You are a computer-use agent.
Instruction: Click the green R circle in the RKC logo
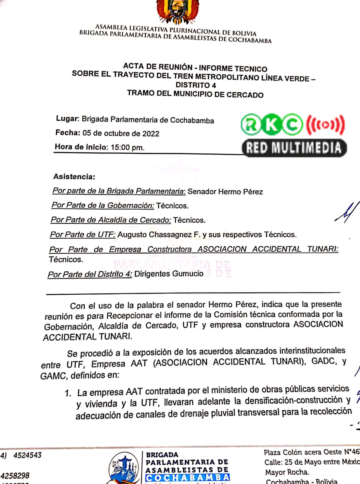pos(250,124)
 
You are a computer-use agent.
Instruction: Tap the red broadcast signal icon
pos(325,124)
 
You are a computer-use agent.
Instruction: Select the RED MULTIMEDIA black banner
pos(294,148)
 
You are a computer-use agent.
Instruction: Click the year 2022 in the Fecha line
pos(150,134)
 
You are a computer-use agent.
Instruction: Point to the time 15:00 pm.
pos(127,148)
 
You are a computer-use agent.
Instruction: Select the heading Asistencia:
pos(74,177)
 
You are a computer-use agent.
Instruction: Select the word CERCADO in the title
pos(245,95)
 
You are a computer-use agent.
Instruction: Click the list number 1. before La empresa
pos(68,393)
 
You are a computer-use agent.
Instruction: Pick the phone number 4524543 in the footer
pos(27,455)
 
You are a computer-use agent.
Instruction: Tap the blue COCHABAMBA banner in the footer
pos(188,478)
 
